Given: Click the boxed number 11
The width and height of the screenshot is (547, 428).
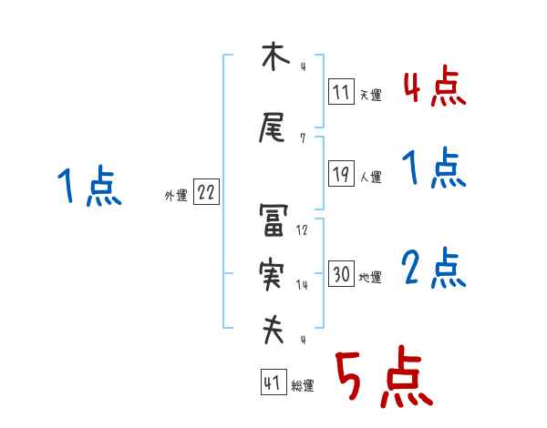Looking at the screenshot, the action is click(341, 91).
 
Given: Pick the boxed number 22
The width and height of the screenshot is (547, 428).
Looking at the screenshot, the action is click(206, 192).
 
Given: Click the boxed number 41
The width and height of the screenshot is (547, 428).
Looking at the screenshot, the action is click(273, 383).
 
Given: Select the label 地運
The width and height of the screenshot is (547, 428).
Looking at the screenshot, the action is click(370, 277).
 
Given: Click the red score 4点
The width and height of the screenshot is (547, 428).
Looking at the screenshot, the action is click(434, 88).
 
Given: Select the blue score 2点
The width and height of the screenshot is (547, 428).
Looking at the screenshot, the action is click(434, 270).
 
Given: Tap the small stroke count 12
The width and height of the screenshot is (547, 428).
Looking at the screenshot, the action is click(303, 230).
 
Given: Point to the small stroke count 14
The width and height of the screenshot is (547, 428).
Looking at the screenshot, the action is click(303, 285).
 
